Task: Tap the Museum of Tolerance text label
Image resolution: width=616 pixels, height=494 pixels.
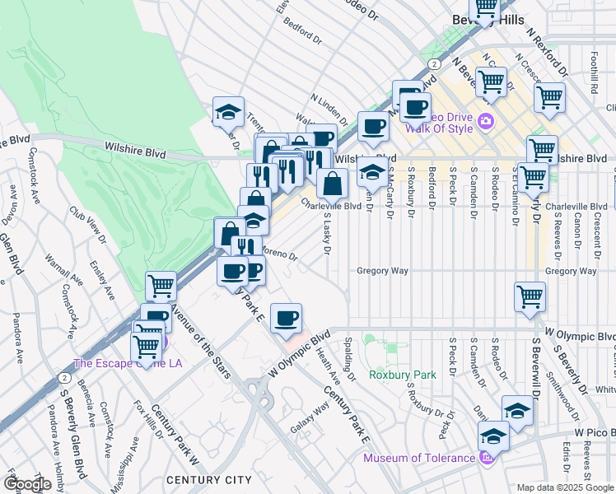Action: (x=418, y=458)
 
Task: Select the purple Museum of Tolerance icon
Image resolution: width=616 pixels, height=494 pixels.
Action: (x=487, y=457)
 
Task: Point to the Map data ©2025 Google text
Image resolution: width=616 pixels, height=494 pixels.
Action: (x=564, y=487)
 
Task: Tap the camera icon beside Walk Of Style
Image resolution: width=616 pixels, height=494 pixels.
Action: (x=485, y=122)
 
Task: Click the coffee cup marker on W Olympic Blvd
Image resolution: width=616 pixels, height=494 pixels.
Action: (x=286, y=319)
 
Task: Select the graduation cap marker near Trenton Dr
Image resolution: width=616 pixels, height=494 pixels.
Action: (x=228, y=113)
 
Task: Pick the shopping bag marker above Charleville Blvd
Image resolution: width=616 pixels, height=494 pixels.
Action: (x=332, y=184)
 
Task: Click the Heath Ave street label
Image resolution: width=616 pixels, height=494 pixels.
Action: (x=328, y=366)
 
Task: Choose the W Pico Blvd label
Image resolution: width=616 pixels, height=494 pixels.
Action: (x=595, y=431)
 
